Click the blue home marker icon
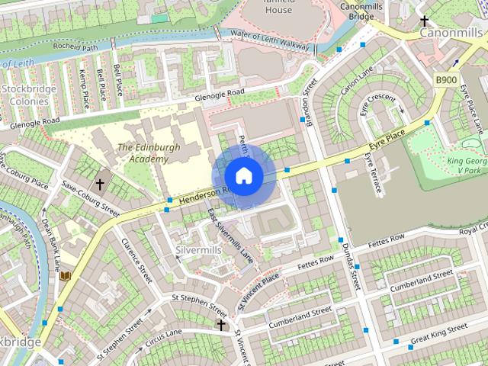click(x=243, y=176)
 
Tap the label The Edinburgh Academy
click(x=143, y=153)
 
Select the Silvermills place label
click(x=198, y=250)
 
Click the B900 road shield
click(x=446, y=80)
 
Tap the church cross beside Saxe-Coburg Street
click(x=99, y=185)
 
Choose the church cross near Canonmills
click(x=425, y=21)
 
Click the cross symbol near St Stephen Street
click(x=221, y=326)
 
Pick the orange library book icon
click(x=66, y=275)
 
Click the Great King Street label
click(x=438, y=333)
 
